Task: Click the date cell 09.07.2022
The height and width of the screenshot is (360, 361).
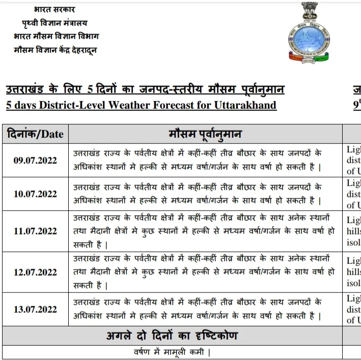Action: (35, 161)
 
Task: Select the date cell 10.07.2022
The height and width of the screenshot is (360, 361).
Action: (35, 194)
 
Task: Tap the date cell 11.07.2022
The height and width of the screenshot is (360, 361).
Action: (35, 231)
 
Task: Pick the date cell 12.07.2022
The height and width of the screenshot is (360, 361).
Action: (35, 272)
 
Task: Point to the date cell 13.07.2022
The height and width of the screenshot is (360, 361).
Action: (35, 309)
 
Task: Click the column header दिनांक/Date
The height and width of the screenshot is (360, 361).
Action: (35, 134)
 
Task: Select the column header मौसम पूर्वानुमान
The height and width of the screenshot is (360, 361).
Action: (205, 134)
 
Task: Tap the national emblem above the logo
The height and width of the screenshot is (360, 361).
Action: (309, 11)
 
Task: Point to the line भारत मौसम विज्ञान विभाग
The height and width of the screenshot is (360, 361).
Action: (56, 37)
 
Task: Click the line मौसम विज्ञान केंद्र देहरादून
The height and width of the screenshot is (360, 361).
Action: (55, 50)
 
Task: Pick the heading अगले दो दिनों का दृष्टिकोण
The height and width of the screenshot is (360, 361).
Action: (172, 336)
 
